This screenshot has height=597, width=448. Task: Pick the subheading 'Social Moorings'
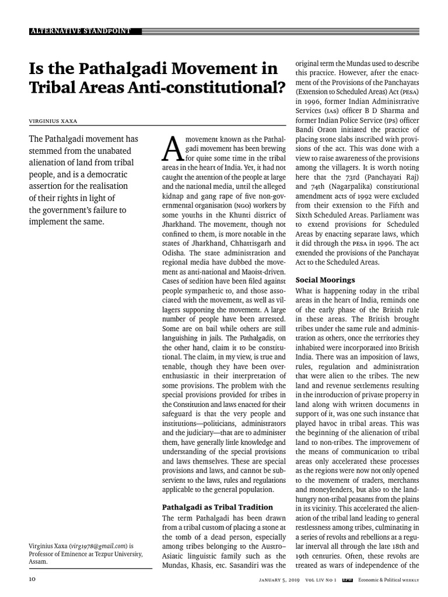coord(325,280)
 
